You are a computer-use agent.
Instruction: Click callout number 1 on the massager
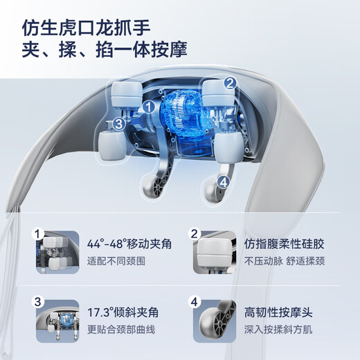pyautogui.click(x=148, y=107)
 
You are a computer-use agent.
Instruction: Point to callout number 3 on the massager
pyautogui.click(x=119, y=124)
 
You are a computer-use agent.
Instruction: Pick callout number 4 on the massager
pyautogui.click(x=222, y=183)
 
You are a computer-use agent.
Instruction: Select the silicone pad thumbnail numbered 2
pyautogui.click(x=211, y=248)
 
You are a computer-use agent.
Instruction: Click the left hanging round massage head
pyautogui.click(x=153, y=186)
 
